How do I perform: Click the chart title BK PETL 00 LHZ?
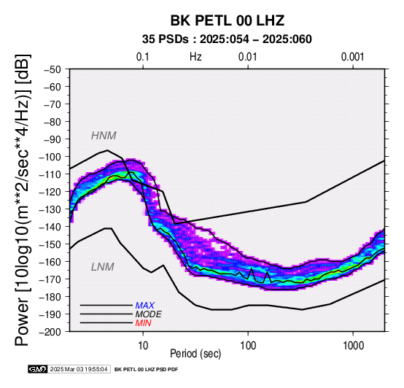pyautogui.click(x=228, y=20)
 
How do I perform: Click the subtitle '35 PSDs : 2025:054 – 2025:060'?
pyautogui.click(x=227, y=39)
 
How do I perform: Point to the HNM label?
pyautogui.click(x=104, y=136)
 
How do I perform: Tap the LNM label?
pyautogui.click(x=103, y=267)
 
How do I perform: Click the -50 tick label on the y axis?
pyautogui.click(x=53, y=69)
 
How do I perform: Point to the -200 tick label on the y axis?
pyautogui.click(x=50, y=332)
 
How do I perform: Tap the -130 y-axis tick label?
pyautogui.click(x=50, y=209)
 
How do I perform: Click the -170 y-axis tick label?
pyautogui.click(x=50, y=279)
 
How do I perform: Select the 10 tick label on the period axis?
pyautogui.click(x=143, y=346)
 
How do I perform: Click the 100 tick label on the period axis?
pyautogui.click(x=248, y=346)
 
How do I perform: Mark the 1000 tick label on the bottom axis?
pyautogui.click(x=353, y=346)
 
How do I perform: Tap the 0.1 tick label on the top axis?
pyautogui.click(x=143, y=57)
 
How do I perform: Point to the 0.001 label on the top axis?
pyautogui.click(x=352, y=57)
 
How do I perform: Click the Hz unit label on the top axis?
pyautogui.click(x=195, y=57)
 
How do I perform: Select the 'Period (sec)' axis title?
pyautogui.click(x=195, y=354)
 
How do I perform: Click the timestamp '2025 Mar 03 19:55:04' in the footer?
pyautogui.click(x=79, y=370)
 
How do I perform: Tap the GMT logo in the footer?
pyautogui.click(x=38, y=370)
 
